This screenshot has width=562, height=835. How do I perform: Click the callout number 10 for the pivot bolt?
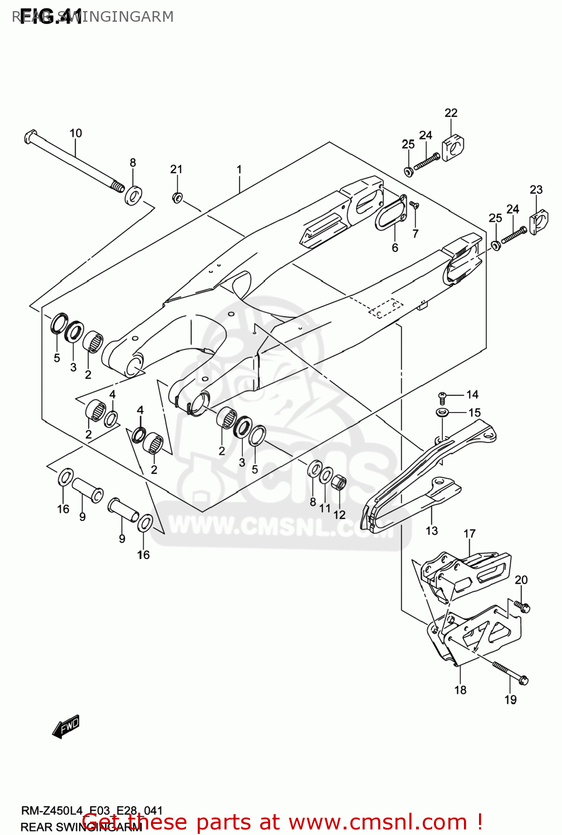(x=76, y=133)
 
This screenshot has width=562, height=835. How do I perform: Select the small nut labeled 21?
(x=177, y=197)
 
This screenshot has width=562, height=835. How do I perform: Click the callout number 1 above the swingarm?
(x=239, y=169)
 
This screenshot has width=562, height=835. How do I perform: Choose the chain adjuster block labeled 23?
(x=539, y=222)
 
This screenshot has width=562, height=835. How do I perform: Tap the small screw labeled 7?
(x=414, y=205)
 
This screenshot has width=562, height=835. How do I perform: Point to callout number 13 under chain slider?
(x=432, y=531)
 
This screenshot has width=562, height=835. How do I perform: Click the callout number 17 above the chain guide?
(x=470, y=533)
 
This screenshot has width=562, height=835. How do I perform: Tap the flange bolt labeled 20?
(x=522, y=606)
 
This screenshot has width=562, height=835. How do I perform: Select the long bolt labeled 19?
(x=510, y=672)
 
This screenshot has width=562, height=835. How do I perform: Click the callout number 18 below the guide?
(x=460, y=690)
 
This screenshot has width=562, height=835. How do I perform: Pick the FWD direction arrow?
(x=66, y=726)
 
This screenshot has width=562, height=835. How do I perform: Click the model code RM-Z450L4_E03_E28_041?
(x=92, y=811)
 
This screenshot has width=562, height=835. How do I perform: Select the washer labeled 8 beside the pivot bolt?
(x=133, y=195)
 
